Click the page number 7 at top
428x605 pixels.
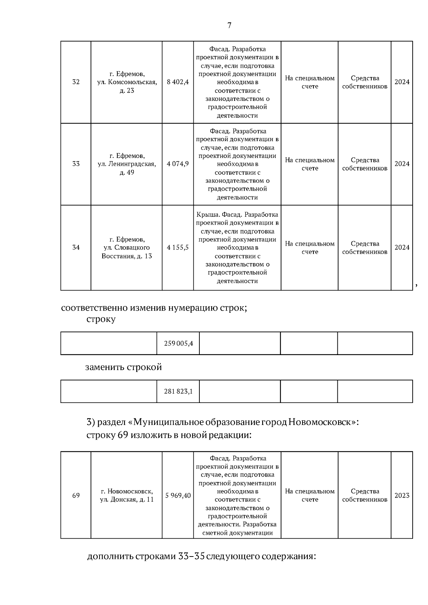[x=229, y=25]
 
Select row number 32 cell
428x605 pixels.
[x=76, y=82]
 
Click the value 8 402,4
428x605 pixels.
[x=178, y=82]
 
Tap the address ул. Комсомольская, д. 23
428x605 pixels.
[x=127, y=82]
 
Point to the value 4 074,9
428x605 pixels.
[x=178, y=164]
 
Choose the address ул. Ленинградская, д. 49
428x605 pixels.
[x=127, y=164]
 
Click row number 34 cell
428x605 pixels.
[x=76, y=247]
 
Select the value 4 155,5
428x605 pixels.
[x=178, y=247]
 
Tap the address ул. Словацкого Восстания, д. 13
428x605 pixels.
[x=127, y=247]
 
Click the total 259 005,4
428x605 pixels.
[x=178, y=343]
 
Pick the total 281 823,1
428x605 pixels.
[x=178, y=391]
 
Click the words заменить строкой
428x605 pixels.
[x=123, y=367]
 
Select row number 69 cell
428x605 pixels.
[x=76, y=496]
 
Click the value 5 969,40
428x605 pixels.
[x=178, y=496]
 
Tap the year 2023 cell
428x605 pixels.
[x=402, y=496]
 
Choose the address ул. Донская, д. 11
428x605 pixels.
[x=127, y=496]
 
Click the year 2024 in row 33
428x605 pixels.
[x=402, y=164]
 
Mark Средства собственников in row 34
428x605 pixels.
[x=365, y=248]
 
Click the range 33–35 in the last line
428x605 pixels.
[x=191, y=557]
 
